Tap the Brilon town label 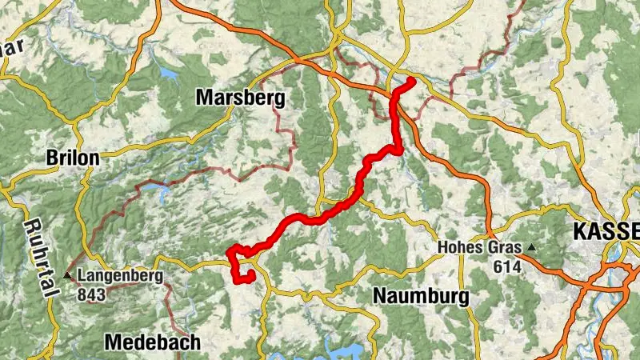click(x=73, y=158)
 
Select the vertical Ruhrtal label click(x=39, y=247)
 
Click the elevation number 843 click(x=93, y=294)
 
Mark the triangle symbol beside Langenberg click(x=69, y=277)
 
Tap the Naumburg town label click(x=421, y=296)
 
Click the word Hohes click(x=459, y=248)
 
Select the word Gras click(x=499, y=248)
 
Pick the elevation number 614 click(x=507, y=265)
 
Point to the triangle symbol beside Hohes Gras click(x=530, y=248)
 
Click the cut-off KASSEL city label click(x=606, y=232)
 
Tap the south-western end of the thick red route click(x=250, y=275)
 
